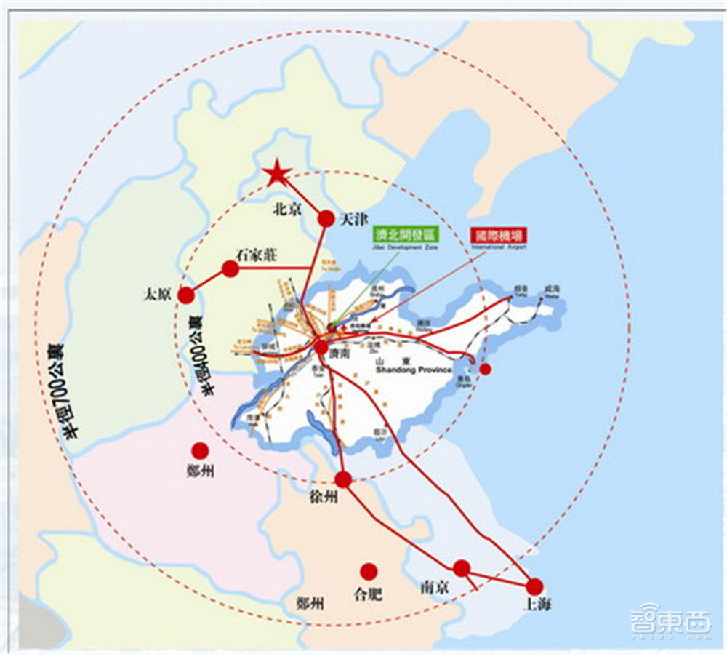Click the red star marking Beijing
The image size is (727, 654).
[x=277, y=174]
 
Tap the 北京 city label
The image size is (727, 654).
[x=286, y=209]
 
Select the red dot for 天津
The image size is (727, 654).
[x=326, y=218]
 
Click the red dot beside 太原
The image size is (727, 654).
[x=186, y=295]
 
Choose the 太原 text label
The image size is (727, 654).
[x=157, y=295]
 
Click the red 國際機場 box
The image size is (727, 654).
[x=498, y=236]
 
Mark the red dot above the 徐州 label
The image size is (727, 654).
[x=343, y=479]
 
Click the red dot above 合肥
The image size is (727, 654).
[x=369, y=572]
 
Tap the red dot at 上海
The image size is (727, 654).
[x=535, y=586]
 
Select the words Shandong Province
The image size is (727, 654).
[x=414, y=370]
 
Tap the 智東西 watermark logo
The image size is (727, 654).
[x=671, y=623]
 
